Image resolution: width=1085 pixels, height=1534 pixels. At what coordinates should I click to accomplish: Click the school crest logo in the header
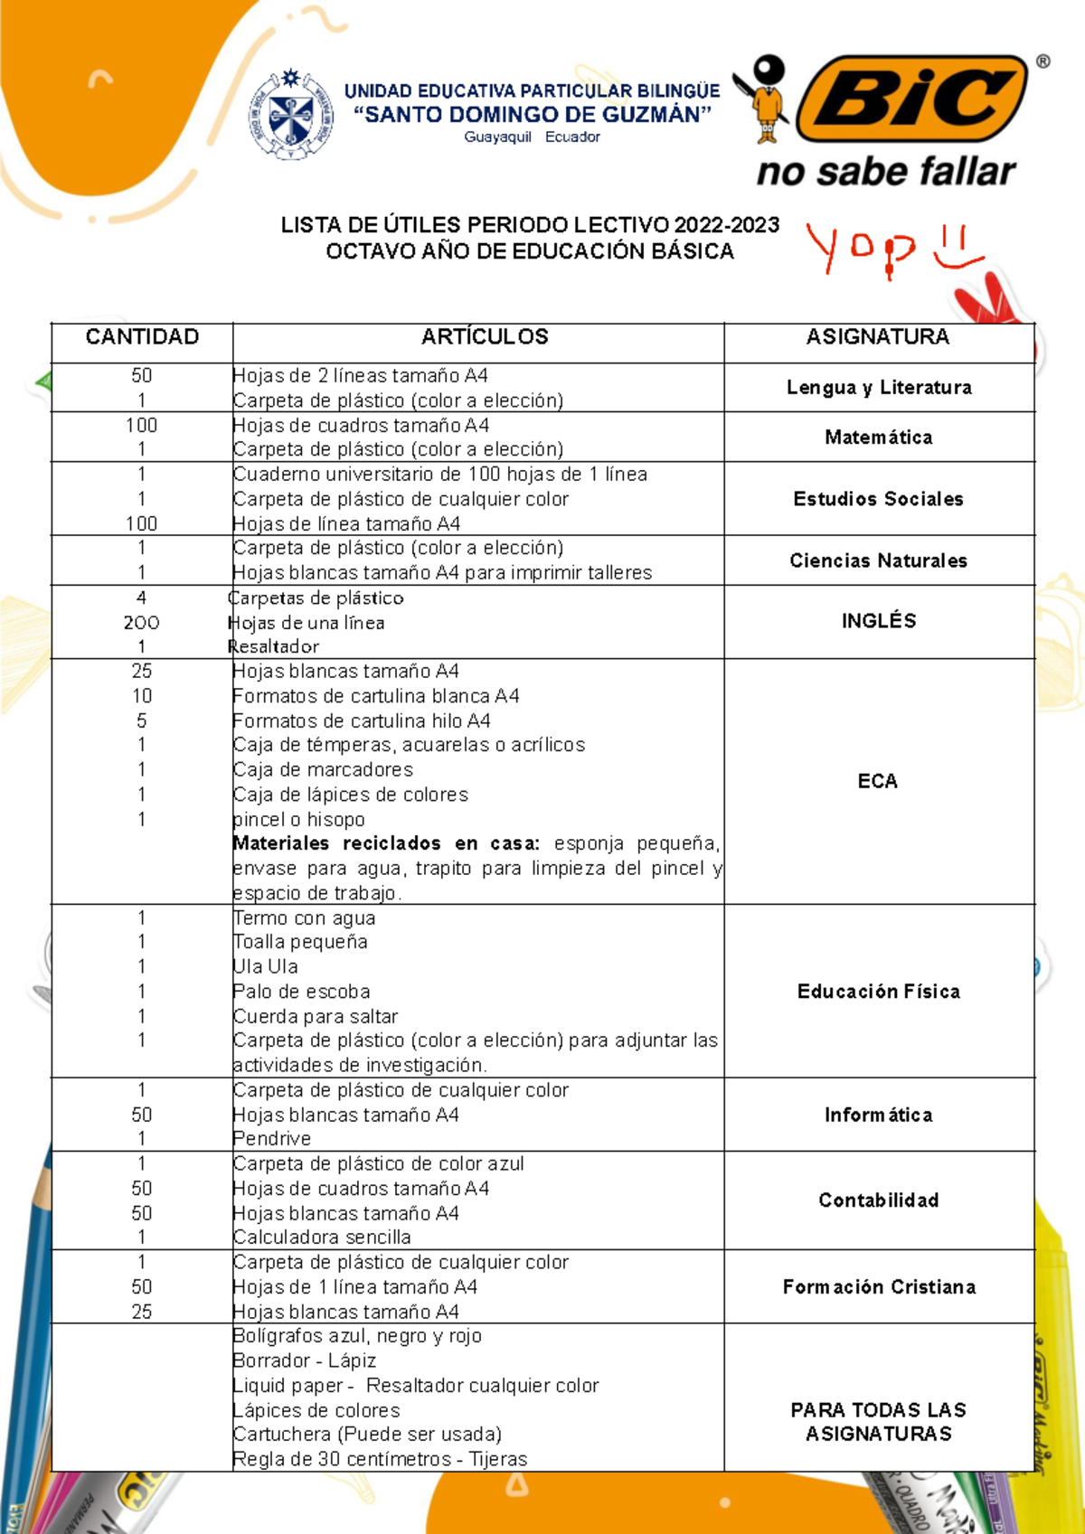[290, 115]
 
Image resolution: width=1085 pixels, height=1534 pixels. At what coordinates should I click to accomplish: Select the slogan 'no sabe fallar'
[886, 172]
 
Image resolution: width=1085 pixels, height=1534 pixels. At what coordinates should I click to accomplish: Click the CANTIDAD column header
[142, 337]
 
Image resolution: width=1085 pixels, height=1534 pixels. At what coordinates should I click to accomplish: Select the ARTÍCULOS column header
[485, 337]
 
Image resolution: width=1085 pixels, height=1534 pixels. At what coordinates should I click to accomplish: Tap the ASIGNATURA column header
[878, 337]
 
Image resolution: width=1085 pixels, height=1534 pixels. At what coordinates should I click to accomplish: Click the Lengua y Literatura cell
[879, 388]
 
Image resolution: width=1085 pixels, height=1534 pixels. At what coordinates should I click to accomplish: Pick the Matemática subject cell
[879, 438]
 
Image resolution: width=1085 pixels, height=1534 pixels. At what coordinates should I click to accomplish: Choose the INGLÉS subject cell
[879, 621]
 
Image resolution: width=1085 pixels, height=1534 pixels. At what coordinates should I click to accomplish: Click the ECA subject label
[877, 781]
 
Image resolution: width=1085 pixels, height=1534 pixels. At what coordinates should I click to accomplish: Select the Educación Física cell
[879, 992]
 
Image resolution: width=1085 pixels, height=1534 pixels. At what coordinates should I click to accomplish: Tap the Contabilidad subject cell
[879, 1200]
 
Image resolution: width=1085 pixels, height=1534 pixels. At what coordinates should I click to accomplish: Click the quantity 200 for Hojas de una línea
[141, 623]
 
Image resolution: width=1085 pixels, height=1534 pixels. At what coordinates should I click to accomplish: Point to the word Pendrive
[271, 1139]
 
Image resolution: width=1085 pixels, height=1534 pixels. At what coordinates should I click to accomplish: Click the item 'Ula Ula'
[265, 966]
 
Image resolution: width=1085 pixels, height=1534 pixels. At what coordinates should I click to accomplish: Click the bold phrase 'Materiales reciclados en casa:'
[386, 843]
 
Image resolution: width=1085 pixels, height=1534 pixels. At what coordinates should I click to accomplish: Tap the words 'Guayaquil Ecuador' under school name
[532, 137]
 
